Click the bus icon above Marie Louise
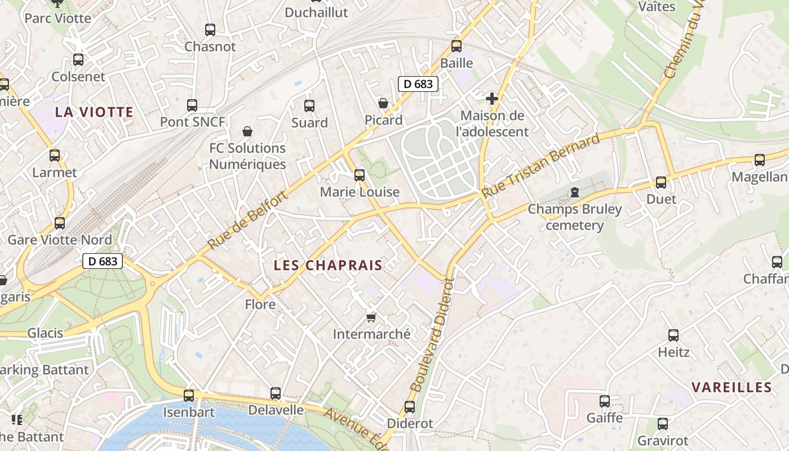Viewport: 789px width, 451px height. point(360,175)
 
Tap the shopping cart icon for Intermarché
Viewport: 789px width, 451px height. point(371,317)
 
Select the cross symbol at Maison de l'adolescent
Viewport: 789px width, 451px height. point(492,99)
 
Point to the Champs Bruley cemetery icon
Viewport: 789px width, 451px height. point(574,193)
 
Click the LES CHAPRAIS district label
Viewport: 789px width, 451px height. point(328,265)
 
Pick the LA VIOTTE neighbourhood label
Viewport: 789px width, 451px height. point(94,112)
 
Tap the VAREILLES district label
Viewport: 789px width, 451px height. point(732,387)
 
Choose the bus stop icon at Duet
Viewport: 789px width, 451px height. point(661,183)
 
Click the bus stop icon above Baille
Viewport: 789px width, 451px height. point(456,46)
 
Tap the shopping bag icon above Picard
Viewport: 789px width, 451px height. point(383,103)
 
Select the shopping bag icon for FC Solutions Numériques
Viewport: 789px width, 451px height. point(247,132)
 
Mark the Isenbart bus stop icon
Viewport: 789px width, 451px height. point(189,395)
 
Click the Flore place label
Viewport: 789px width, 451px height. point(260,305)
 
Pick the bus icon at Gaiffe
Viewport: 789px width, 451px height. point(605,401)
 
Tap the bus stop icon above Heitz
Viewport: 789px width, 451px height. point(673,335)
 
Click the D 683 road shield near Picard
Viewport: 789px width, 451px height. point(418,84)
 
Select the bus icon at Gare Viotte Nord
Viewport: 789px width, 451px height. point(60,223)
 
